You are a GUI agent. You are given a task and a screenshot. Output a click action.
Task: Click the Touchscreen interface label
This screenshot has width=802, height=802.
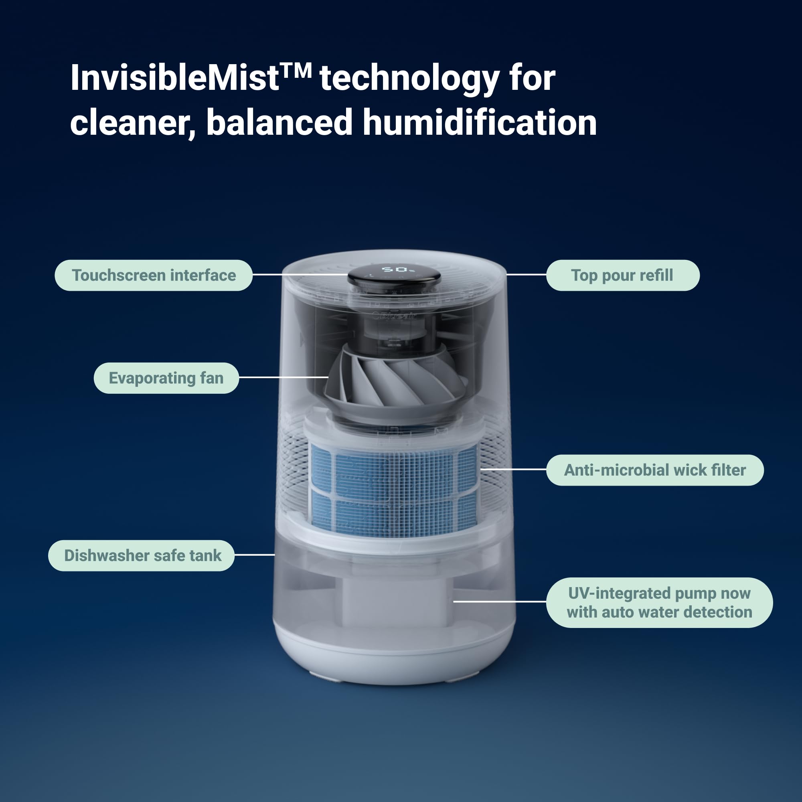154,275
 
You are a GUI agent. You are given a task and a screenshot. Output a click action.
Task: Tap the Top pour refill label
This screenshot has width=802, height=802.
622,275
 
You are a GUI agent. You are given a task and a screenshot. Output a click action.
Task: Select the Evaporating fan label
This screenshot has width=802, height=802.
166,378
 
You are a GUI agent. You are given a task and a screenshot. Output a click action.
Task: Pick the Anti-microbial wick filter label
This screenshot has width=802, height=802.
655,470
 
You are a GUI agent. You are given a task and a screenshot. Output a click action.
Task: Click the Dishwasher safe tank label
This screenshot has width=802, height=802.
142,555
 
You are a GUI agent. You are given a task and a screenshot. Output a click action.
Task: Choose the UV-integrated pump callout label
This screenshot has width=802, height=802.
659,602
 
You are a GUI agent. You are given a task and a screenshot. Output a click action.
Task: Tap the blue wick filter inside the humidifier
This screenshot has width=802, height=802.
394,490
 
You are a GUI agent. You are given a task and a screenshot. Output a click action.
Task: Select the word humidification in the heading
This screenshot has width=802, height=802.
480,123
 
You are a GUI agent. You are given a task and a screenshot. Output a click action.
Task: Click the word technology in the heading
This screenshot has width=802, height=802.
409,79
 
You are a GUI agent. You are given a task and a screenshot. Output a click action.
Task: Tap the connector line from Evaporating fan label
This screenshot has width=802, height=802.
284,377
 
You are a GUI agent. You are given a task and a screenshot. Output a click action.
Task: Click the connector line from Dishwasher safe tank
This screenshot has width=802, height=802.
255,555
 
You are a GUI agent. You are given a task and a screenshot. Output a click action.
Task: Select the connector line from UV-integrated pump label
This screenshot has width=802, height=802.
499,601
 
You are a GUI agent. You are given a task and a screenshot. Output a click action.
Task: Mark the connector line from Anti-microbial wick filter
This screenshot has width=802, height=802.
514,469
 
